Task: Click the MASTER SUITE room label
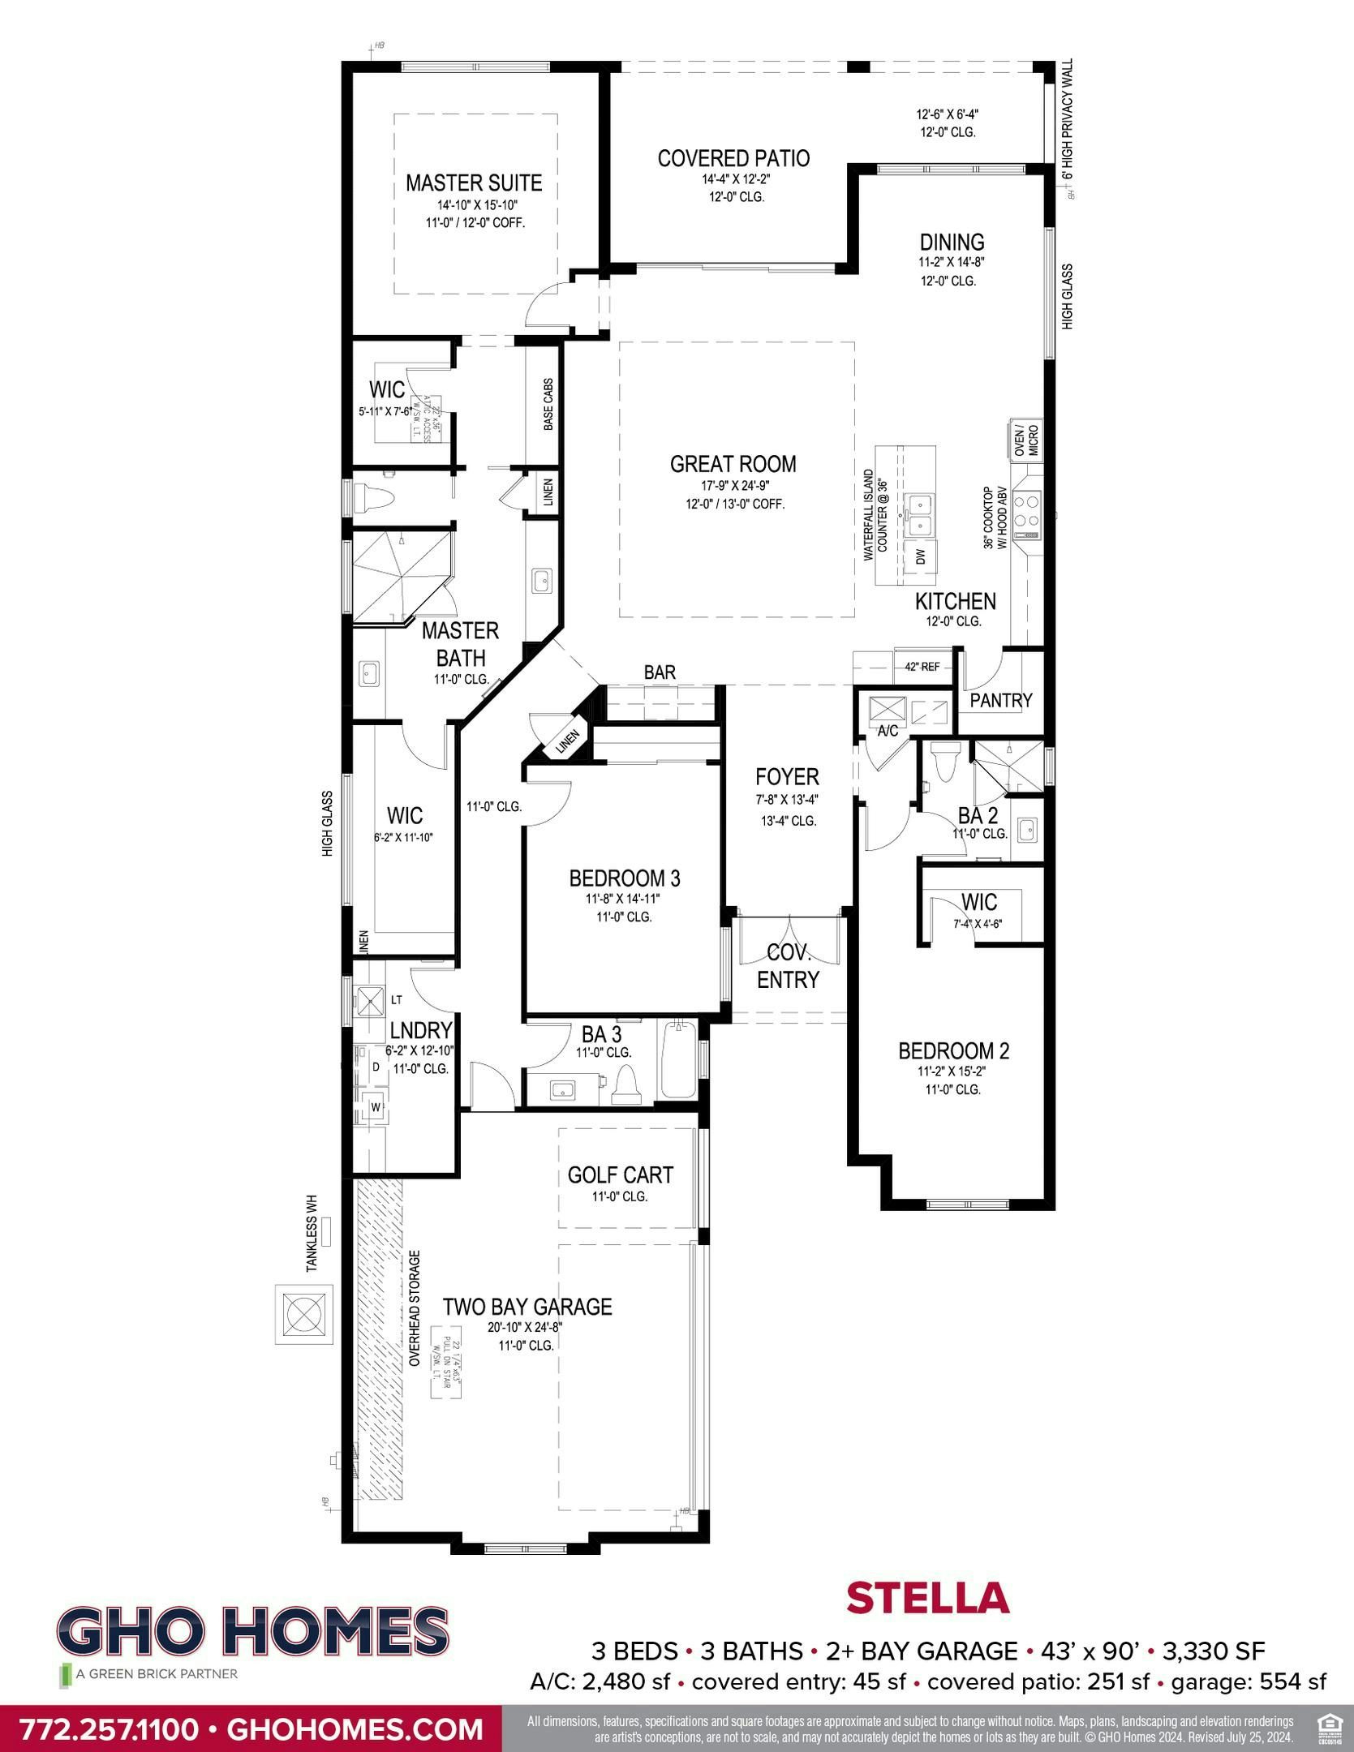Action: pos(474,182)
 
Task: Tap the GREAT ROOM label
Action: pos(733,464)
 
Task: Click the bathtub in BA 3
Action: pos(678,1061)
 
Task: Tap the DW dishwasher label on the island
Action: pos(920,556)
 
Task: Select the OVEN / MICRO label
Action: pos(1025,440)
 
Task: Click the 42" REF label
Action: pos(922,667)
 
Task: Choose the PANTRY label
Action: pos(1000,700)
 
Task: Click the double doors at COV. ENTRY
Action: pos(789,930)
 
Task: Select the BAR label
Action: pos(660,672)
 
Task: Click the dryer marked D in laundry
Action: pos(376,1067)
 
